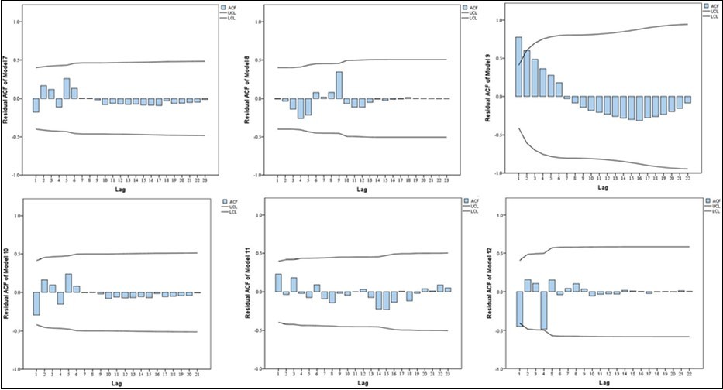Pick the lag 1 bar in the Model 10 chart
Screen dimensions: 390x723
[36, 303]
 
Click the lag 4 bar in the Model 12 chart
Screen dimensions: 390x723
[544, 310]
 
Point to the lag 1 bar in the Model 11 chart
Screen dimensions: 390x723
[278, 282]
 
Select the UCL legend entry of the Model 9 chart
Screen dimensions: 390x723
[708, 11]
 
